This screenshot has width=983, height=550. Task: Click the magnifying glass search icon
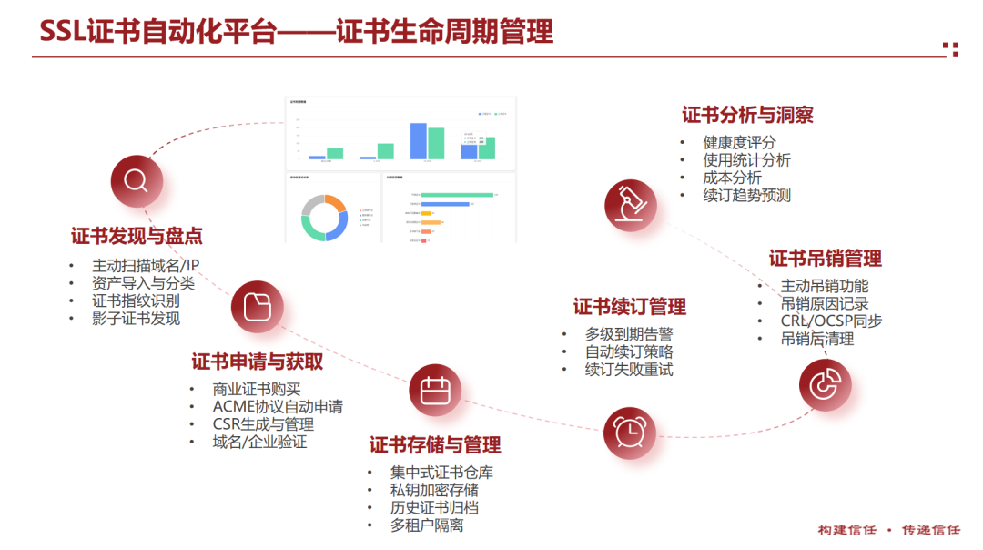(137, 180)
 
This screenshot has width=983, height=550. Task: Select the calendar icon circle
(435, 391)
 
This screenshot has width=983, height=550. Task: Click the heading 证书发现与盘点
(137, 236)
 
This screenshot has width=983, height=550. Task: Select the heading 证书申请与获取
(258, 362)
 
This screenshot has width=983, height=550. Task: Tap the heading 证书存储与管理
(435, 445)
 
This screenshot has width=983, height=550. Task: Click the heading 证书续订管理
(630, 307)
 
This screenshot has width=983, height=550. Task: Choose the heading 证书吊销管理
(825, 259)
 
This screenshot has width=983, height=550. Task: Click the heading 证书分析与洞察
(747, 115)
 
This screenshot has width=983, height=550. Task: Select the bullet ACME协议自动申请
(278, 407)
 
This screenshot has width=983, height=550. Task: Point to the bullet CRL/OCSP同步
(831, 321)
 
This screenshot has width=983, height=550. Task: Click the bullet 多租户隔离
(427, 525)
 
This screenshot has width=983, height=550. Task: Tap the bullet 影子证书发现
(136, 318)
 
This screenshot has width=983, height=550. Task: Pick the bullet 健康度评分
(739, 143)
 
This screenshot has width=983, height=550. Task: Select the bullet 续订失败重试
(629, 370)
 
